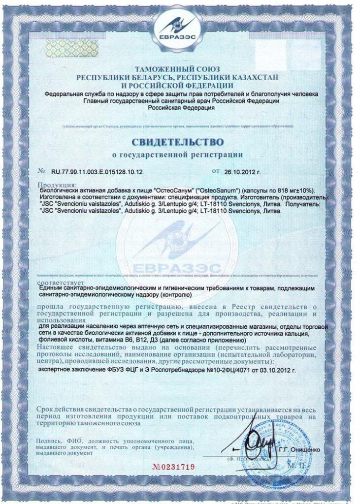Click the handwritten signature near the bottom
click(256, 443)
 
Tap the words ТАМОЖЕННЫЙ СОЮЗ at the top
click(178, 69)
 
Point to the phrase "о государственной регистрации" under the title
click(177, 155)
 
